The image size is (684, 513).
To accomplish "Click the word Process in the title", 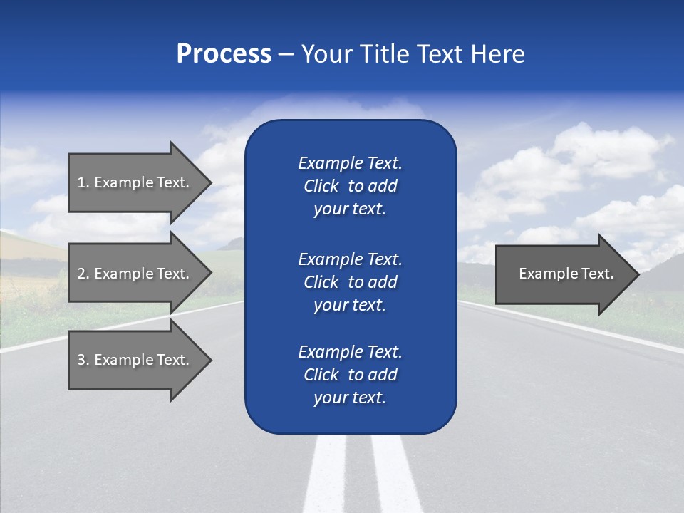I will coord(224,54).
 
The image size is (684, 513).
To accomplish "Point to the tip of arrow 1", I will coord(209,182).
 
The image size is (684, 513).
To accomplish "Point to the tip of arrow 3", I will coord(209,360).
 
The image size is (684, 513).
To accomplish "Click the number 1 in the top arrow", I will coord(81,182).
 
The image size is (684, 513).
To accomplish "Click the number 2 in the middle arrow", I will coord(81,274).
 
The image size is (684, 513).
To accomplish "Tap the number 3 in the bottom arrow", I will coord(81,360).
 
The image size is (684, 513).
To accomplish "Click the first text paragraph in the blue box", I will coord(350,186).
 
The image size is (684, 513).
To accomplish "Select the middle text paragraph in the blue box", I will coord(350,282).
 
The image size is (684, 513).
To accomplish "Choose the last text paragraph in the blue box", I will coord(350,375).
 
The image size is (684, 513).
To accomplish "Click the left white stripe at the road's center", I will coord(326,474).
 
